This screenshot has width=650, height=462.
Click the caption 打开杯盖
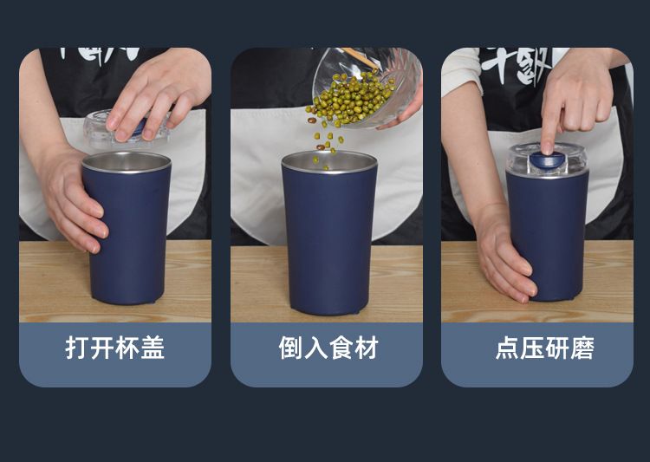point(114,348)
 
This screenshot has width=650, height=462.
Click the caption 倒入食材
point(328,348)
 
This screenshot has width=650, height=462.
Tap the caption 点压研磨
point(545,348)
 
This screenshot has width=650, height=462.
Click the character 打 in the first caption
point(77,348)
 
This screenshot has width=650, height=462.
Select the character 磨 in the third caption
point(582,348)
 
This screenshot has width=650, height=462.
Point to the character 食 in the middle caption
point(341,348)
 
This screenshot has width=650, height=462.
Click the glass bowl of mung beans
point(365,87)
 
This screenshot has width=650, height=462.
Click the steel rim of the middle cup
point(329,162)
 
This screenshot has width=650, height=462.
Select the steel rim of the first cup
point(127,162)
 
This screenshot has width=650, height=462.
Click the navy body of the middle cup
point(329,241)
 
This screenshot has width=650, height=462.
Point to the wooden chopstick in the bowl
point(360,57)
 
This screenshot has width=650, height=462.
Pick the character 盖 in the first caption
point(153,348)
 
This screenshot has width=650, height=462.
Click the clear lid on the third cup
point(547,159)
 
